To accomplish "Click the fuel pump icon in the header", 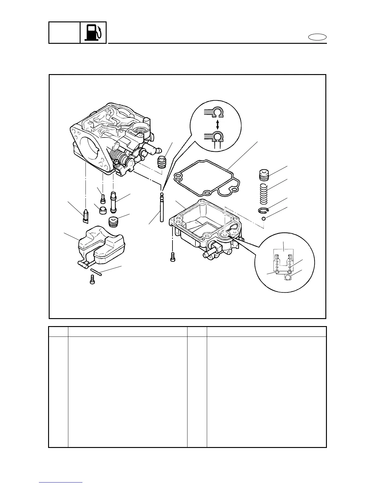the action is pyautogui.click(x=93, y=32).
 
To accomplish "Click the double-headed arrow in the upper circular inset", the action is pyautogui.click(x=218, y=124).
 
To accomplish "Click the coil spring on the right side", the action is pyautogui.click(x=264, y=194).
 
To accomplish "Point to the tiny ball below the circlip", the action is pyautogui.click(x=263, y=219).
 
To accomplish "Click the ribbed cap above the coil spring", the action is pyautogui.click(x=264, y=176).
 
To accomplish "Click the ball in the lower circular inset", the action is pyautogui.click(x=288, y=277).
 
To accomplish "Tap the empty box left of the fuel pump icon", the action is pyautogui.click(x=64, y=32).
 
